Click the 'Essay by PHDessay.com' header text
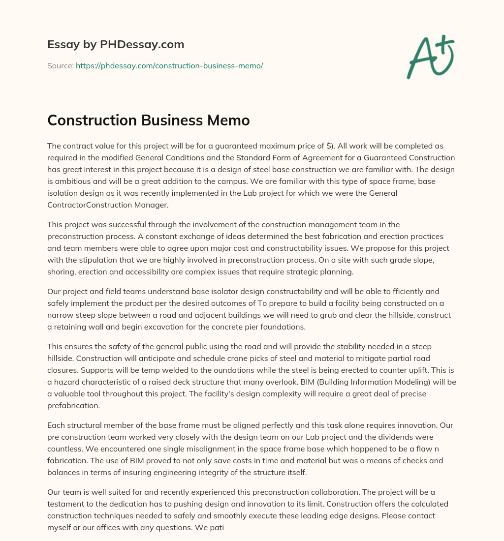(x=116, y=45)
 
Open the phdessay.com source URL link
(x=169, y=65)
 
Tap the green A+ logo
(x=430, y=57)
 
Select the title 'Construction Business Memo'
(x=149, y=120)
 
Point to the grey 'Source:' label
(x=60, y=65)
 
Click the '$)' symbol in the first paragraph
(x=333, y=147)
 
